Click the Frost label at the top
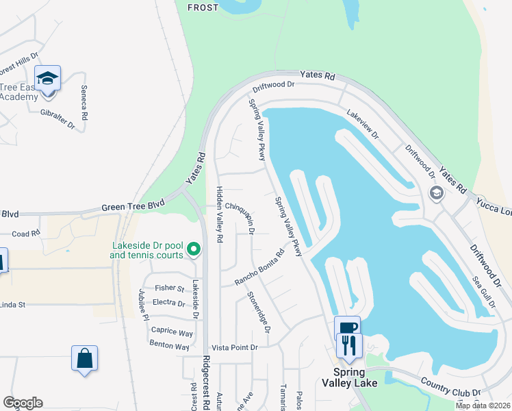(202, 8)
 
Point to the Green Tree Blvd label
(133, 206)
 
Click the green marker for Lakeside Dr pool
(194, 250)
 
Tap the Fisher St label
(170, 288)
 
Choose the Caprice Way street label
(172, 332)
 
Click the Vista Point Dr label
(234, 348)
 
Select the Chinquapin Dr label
(242, 217)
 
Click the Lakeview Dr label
(362, 125)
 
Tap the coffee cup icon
(348, 327)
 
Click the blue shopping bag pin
(84, 358)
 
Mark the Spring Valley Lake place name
(349, 377)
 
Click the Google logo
(23, 403)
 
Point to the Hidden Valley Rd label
(220, 215)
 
